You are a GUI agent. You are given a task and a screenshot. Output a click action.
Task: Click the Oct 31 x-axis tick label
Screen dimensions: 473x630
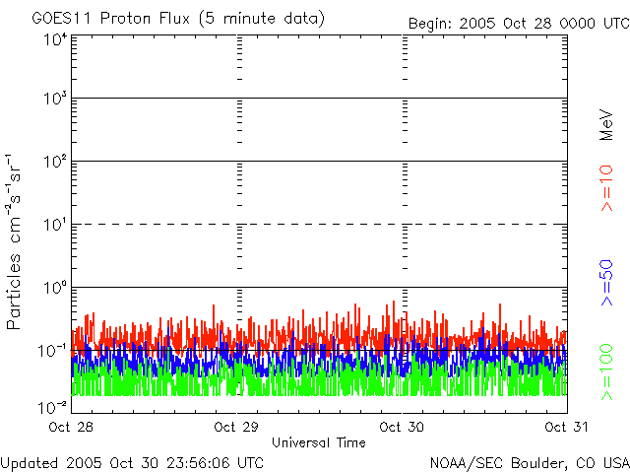click(x=567, y=427)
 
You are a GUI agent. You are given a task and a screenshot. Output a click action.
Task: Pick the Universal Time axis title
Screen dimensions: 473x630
click(x=318, y=442)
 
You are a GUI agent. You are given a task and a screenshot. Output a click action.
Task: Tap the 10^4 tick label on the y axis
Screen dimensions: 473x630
click(x=55, y=39)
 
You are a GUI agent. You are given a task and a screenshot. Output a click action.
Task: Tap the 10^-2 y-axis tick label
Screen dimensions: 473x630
click(x=53, y=405)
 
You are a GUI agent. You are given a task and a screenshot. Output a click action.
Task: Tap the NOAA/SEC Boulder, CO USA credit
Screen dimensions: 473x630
click(x=529, y=462)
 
